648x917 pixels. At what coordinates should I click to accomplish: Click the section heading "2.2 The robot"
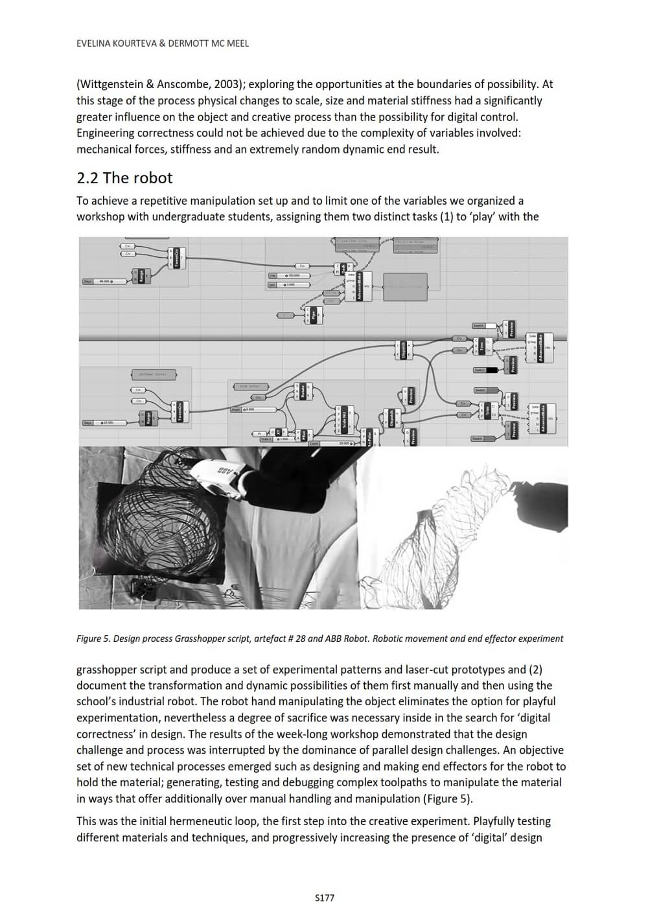[124, 178]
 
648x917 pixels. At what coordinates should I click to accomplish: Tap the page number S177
[324, 898]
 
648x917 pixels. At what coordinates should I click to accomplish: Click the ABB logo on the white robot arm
[226, 471]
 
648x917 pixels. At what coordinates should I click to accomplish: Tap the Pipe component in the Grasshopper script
[314, 315]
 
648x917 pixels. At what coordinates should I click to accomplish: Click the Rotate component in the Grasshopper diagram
[303, 392]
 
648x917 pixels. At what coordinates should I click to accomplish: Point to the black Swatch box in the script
[491, 370]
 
